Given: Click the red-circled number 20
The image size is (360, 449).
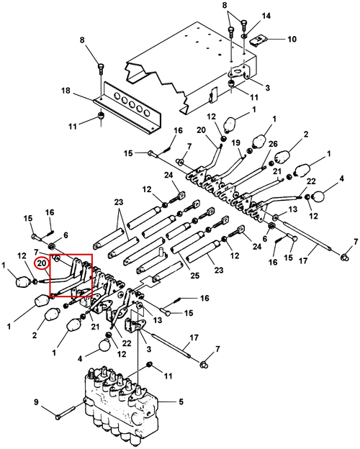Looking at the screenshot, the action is click(x=42, y=263).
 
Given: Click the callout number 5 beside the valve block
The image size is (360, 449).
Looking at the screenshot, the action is click(x=181, y=402).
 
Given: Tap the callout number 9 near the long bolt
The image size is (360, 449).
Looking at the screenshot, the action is click(x=36, y=402).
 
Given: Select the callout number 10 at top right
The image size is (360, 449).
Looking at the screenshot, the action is click(x=292, y=39).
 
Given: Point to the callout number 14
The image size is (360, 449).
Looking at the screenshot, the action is click(x=266, y=15).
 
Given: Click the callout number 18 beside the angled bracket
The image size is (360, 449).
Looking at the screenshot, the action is click(x=66, y=91).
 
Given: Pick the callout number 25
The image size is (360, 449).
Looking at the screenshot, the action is click(x=194, y=276).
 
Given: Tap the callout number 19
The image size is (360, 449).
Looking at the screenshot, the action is click(x=236, y=142).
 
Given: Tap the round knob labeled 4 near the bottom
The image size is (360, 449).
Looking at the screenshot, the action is click(x=105, y=345).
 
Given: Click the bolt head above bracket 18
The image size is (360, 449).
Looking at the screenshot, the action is click(x=101, y=66).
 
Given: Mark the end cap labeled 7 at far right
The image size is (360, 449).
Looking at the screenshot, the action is click(x=344, y=257).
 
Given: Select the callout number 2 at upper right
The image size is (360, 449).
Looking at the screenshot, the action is click(x=306, y=134).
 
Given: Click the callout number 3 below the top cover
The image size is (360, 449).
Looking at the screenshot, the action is click(x=267, y=87).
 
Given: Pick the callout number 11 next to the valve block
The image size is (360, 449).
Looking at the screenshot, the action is click(x=167, y=376).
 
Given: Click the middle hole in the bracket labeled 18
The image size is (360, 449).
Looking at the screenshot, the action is click(x=132, y=104).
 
